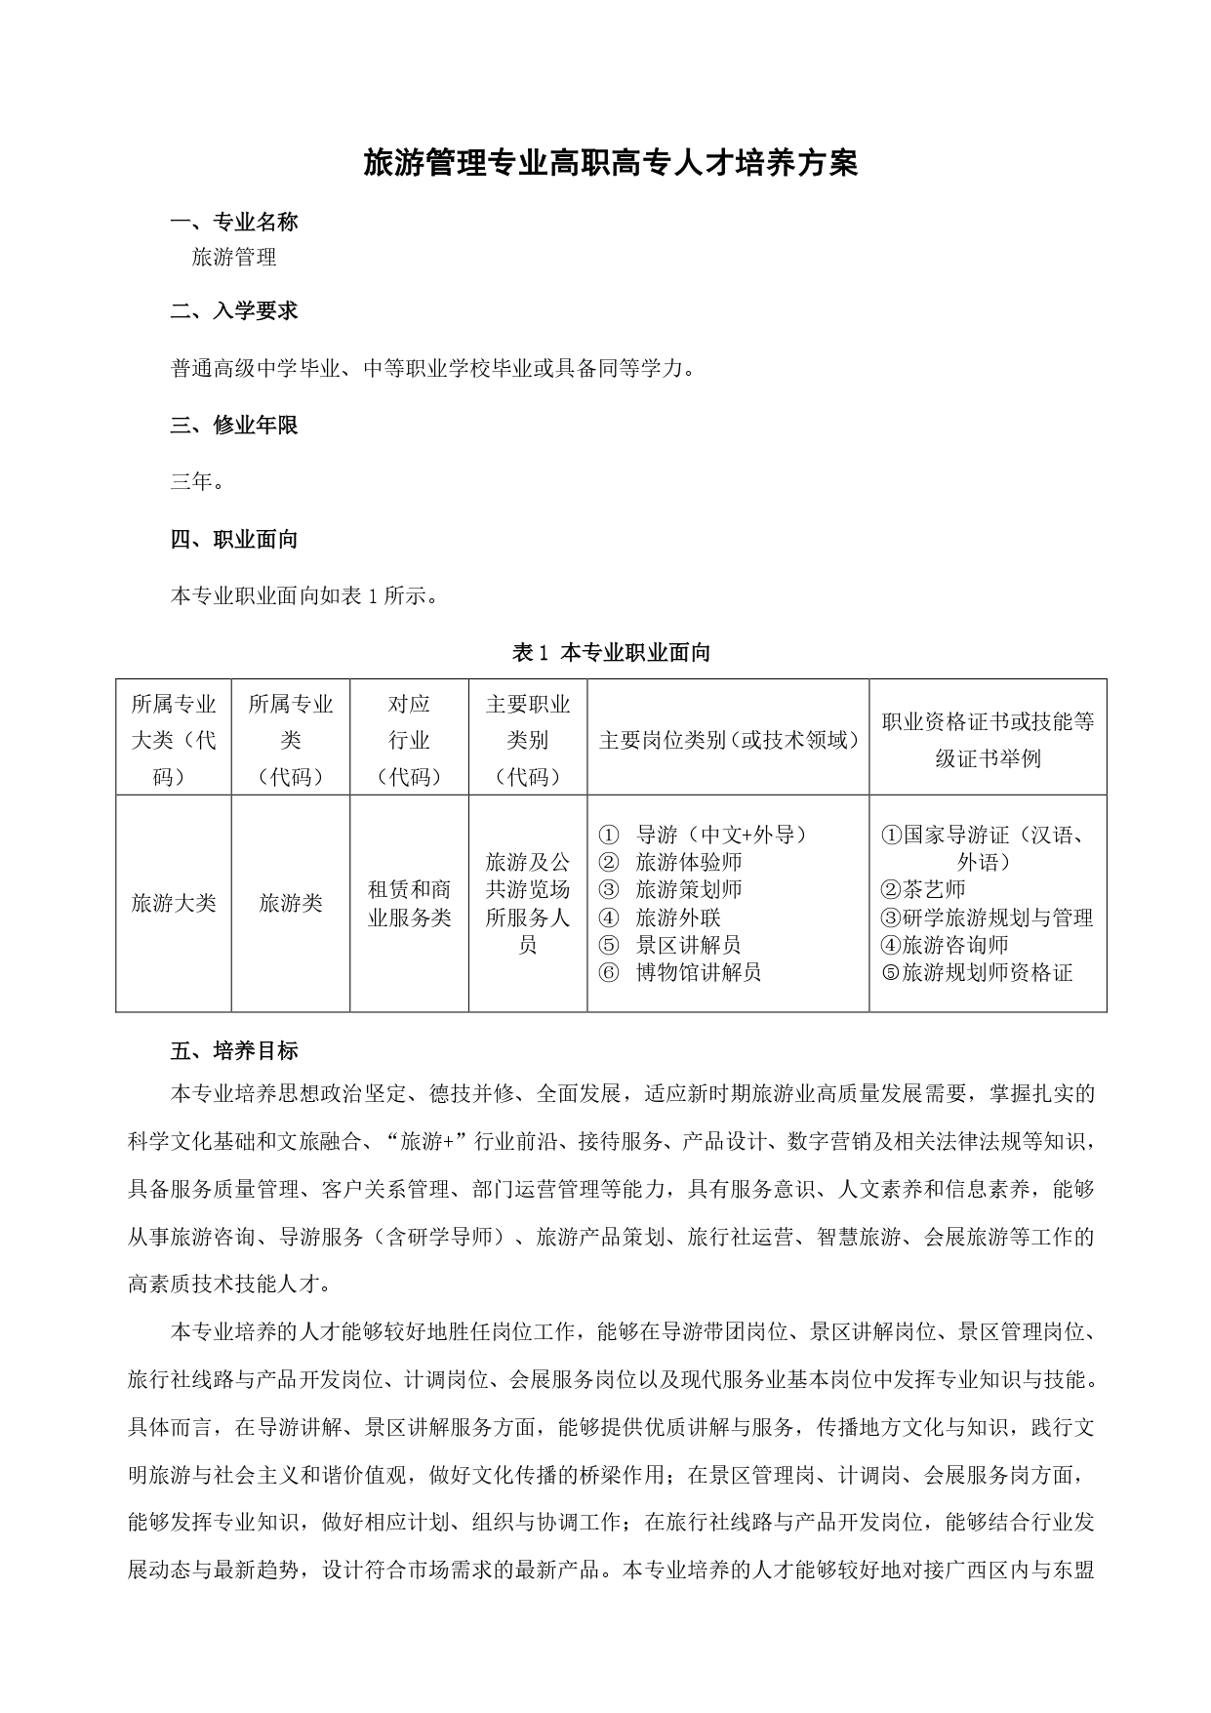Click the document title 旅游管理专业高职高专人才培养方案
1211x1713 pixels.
point(610,163)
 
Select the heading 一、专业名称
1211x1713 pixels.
point(234,223)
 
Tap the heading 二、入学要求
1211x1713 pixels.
point(234,311)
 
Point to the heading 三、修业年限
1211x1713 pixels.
point(234,426)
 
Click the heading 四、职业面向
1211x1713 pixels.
point(234,540)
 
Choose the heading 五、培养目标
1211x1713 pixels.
point(234,1051)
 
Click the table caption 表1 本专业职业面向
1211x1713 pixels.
point(611,653)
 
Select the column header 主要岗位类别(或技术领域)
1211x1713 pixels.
point(728,740)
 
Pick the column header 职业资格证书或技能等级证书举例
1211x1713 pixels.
point(988,739)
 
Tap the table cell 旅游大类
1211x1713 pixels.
point(174,903)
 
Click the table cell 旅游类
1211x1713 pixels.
point(291,903)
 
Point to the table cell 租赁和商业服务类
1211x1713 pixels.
point(409,903)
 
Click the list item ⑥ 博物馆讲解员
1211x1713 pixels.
point(680,972)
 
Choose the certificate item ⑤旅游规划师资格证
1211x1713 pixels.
point(976,972)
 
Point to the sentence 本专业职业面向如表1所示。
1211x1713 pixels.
point(303,596)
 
